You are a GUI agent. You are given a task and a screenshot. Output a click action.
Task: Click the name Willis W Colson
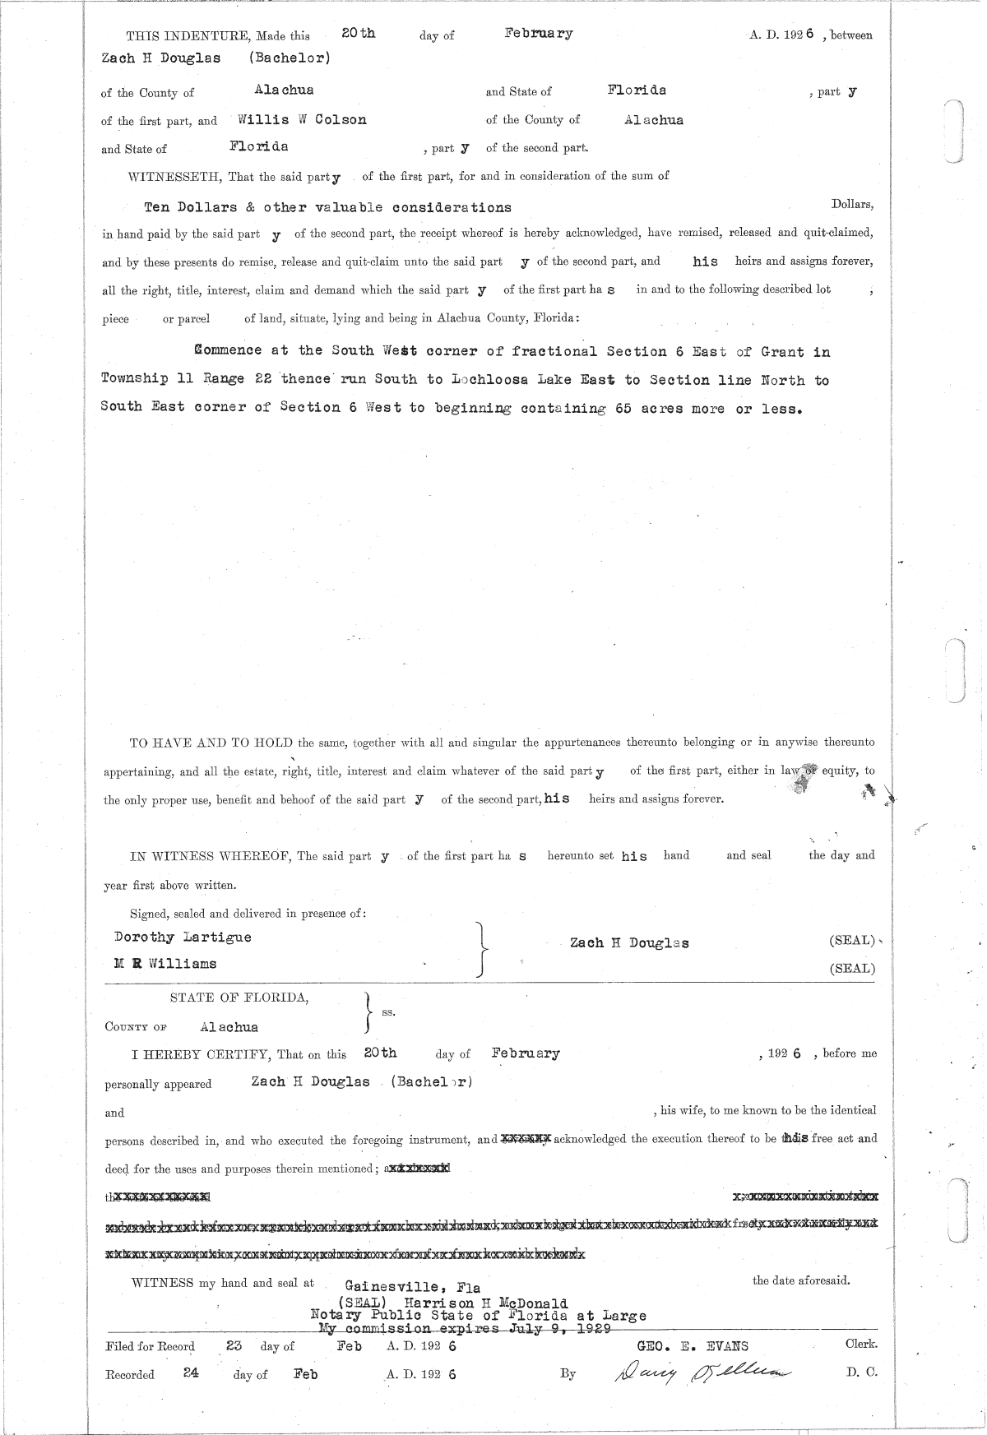pyautogui.click(x=302, y=119)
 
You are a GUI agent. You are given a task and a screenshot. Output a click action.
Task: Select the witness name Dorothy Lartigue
pyautogui.click(x=183, y=937)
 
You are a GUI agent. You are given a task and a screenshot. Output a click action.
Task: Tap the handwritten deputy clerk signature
pyautogui.click(x=698, y=1372)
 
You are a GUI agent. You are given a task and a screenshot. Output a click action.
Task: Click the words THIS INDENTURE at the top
pyautogui.click(x=188, y=36)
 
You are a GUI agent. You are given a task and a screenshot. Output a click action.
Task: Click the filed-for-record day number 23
pyautogui.click(x=234, y=1346)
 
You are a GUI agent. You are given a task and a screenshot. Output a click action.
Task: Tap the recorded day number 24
pyautogui.click(x=192, y=1373)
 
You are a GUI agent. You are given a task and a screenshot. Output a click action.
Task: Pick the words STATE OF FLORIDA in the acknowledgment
pyautogui.click(x=239, y=998)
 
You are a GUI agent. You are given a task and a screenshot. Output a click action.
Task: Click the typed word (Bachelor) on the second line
pyautogui.click(x=290, y=58)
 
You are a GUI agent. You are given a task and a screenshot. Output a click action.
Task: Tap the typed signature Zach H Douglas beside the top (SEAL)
pyautogui.click(x=629, y=943)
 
